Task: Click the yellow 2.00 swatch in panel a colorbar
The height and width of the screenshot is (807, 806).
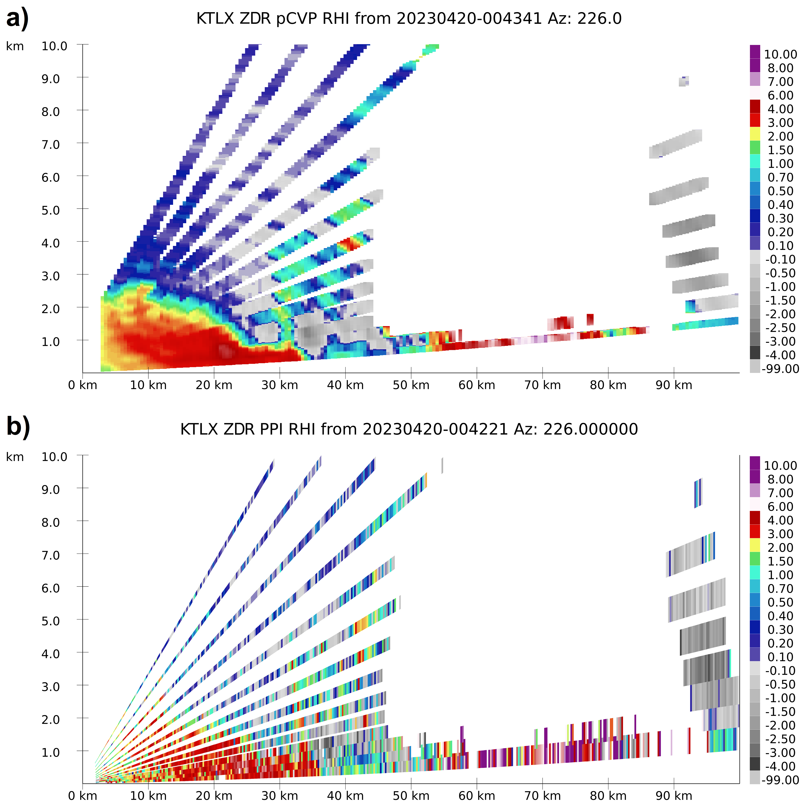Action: tap(755, 134)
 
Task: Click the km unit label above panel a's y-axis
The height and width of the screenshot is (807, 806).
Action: tap(15, 46)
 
